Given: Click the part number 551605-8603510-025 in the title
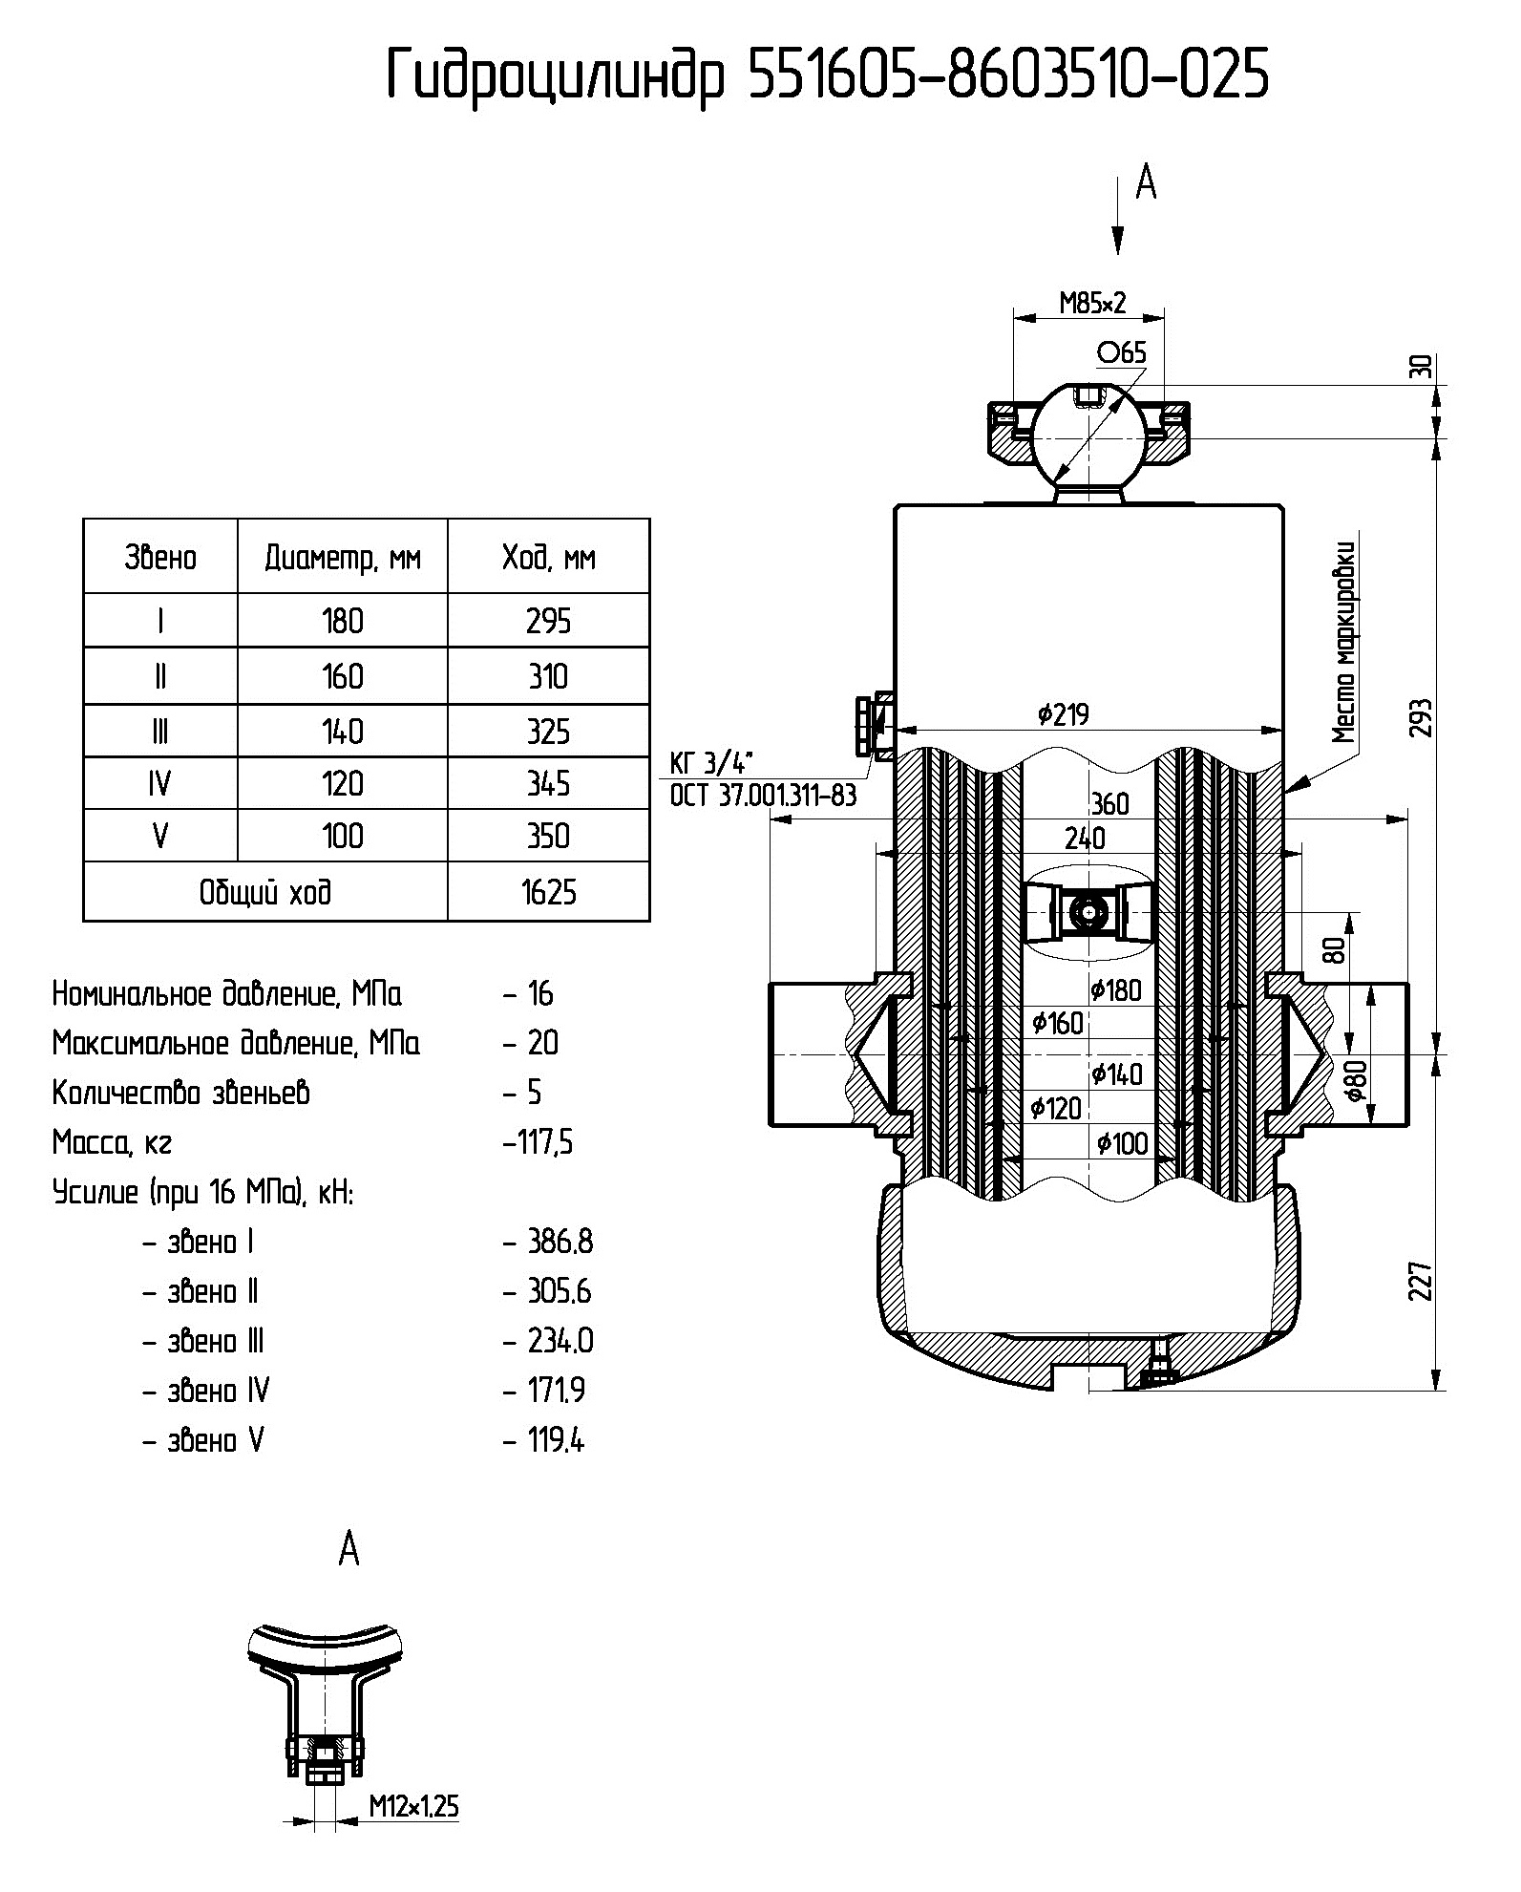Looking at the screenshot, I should coord(1008,74).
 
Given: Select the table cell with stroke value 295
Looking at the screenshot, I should coord(548,622).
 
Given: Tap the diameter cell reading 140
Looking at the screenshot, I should coord(342,732).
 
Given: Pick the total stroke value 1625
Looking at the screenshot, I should coord(548,892).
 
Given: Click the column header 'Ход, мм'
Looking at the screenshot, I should coord(548,557).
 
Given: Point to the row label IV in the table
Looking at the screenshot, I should coord(159,784).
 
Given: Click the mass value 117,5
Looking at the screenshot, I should coord(539,1142).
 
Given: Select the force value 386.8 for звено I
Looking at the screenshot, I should coord(560,1242).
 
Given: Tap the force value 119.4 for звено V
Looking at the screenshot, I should coord(556,1440).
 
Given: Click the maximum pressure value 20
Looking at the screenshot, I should coord(542,1043).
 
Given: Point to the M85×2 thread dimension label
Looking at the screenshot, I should coord(1092,304).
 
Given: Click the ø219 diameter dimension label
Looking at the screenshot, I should coord(1063,713).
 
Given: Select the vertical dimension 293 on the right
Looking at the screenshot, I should coord(1423,717).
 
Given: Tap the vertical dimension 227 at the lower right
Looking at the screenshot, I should coord(1422,1281).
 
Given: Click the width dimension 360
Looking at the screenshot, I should coord(1109,804).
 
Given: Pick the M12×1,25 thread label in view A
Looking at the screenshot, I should coord(413,1808).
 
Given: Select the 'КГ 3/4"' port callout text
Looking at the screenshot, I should coord(711,762).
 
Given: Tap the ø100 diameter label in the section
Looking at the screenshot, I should coord(1122,1143).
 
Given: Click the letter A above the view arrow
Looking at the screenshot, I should coord(1146,181).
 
